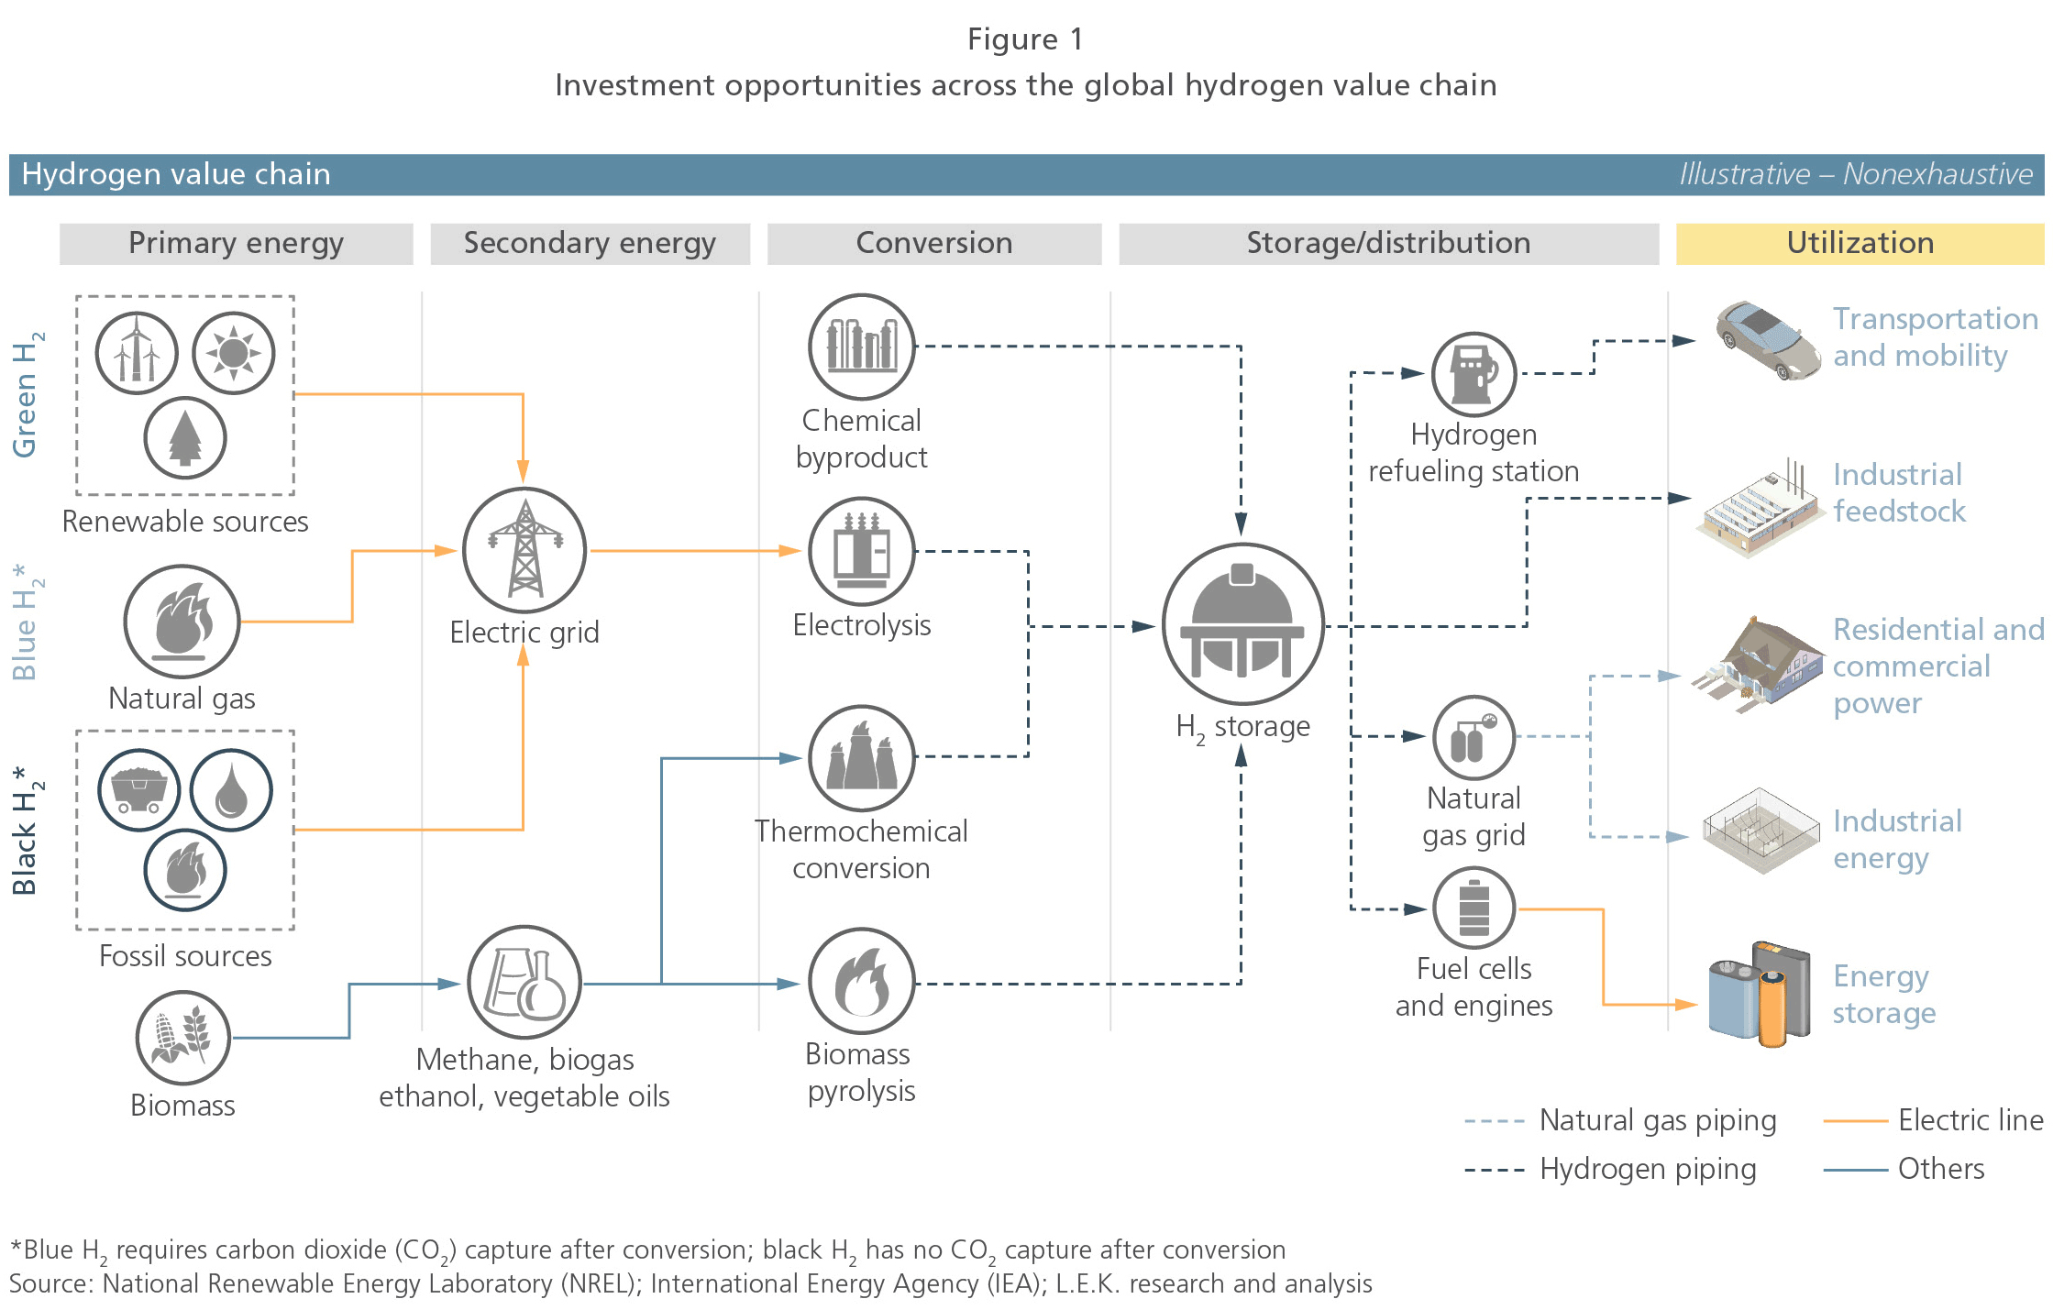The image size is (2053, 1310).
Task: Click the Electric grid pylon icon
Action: (524, 550)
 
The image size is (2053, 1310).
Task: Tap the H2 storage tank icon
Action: (1242, 624)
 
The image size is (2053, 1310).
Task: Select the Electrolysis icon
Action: (862, 551)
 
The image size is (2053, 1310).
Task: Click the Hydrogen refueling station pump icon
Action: (1474, 374)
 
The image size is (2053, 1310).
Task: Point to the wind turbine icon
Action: (137, 353)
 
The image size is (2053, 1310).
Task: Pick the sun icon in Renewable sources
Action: (234, 353)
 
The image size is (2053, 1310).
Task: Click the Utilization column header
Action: (1860, 243)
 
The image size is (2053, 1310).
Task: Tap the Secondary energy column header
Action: (590, 243)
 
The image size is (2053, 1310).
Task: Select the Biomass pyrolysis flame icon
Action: (862, 981)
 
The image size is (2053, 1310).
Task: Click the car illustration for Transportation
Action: (1768, 340)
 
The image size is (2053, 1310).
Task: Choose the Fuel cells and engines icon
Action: (1474, 908)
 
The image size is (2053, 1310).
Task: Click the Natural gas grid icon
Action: (1474, 737)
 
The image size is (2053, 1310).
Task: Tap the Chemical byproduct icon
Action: (862, 347)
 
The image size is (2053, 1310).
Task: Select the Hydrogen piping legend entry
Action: (1610, 1169)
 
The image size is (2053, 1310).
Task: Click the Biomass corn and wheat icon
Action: (183, 1038)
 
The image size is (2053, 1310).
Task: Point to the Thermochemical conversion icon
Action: (862, 758)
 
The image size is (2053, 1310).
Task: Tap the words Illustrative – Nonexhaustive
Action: (1856, 174)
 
